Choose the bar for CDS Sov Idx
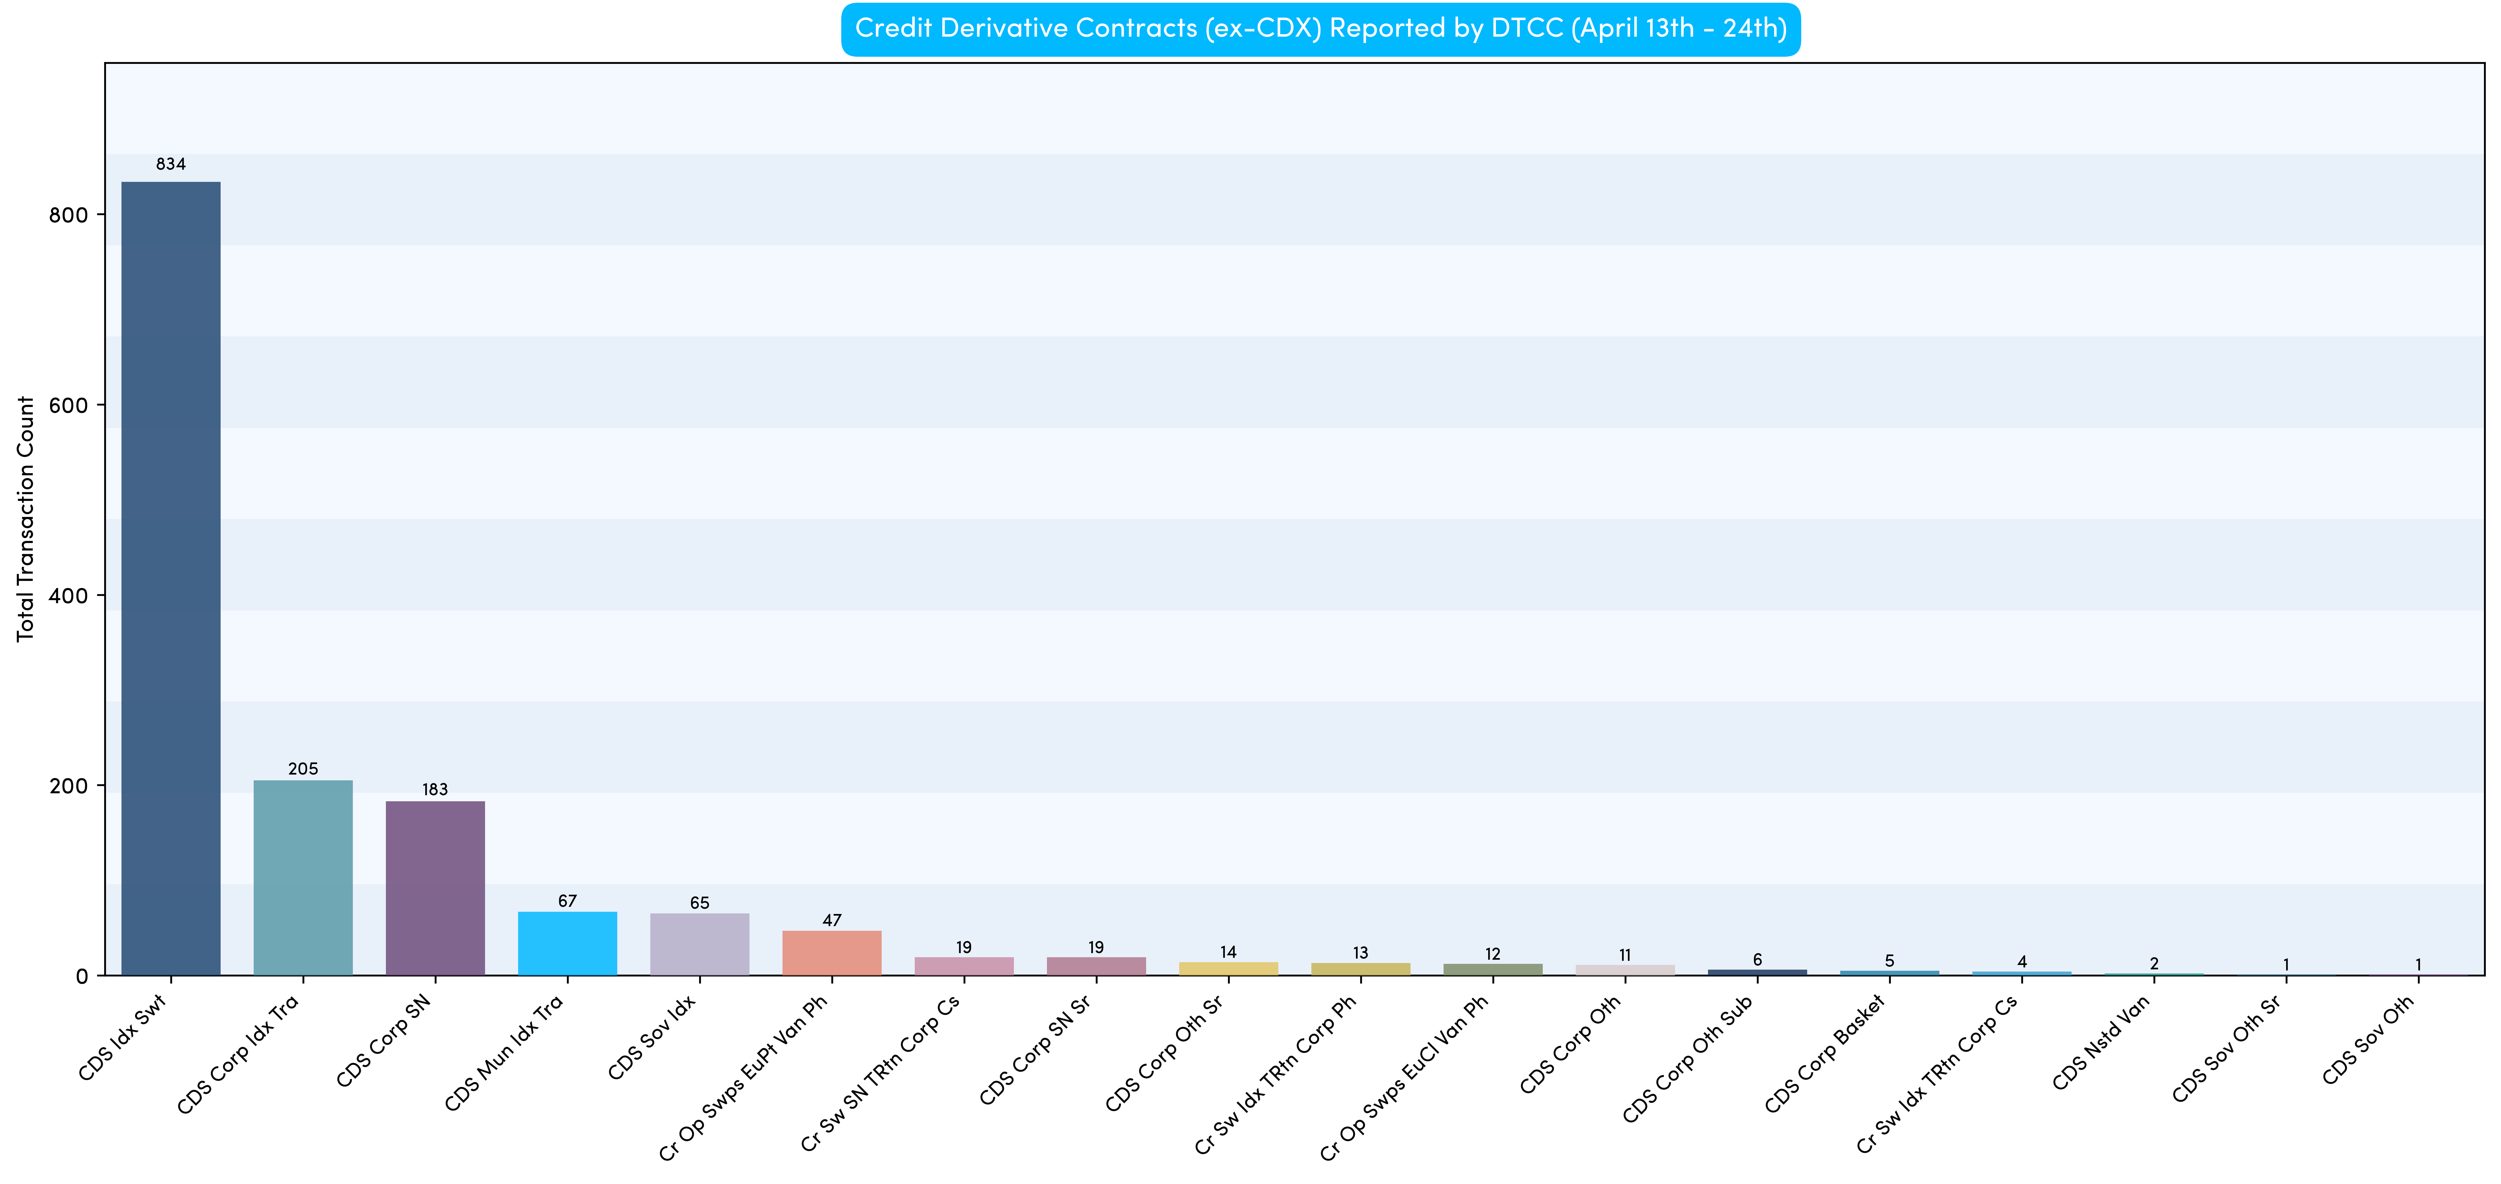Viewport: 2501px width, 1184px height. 699,944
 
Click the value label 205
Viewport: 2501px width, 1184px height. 303,768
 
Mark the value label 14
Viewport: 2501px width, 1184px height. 1228,952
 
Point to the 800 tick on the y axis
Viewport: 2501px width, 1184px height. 68,215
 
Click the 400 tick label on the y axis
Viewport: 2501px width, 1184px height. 68,595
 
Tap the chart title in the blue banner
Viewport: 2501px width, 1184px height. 1320,28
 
